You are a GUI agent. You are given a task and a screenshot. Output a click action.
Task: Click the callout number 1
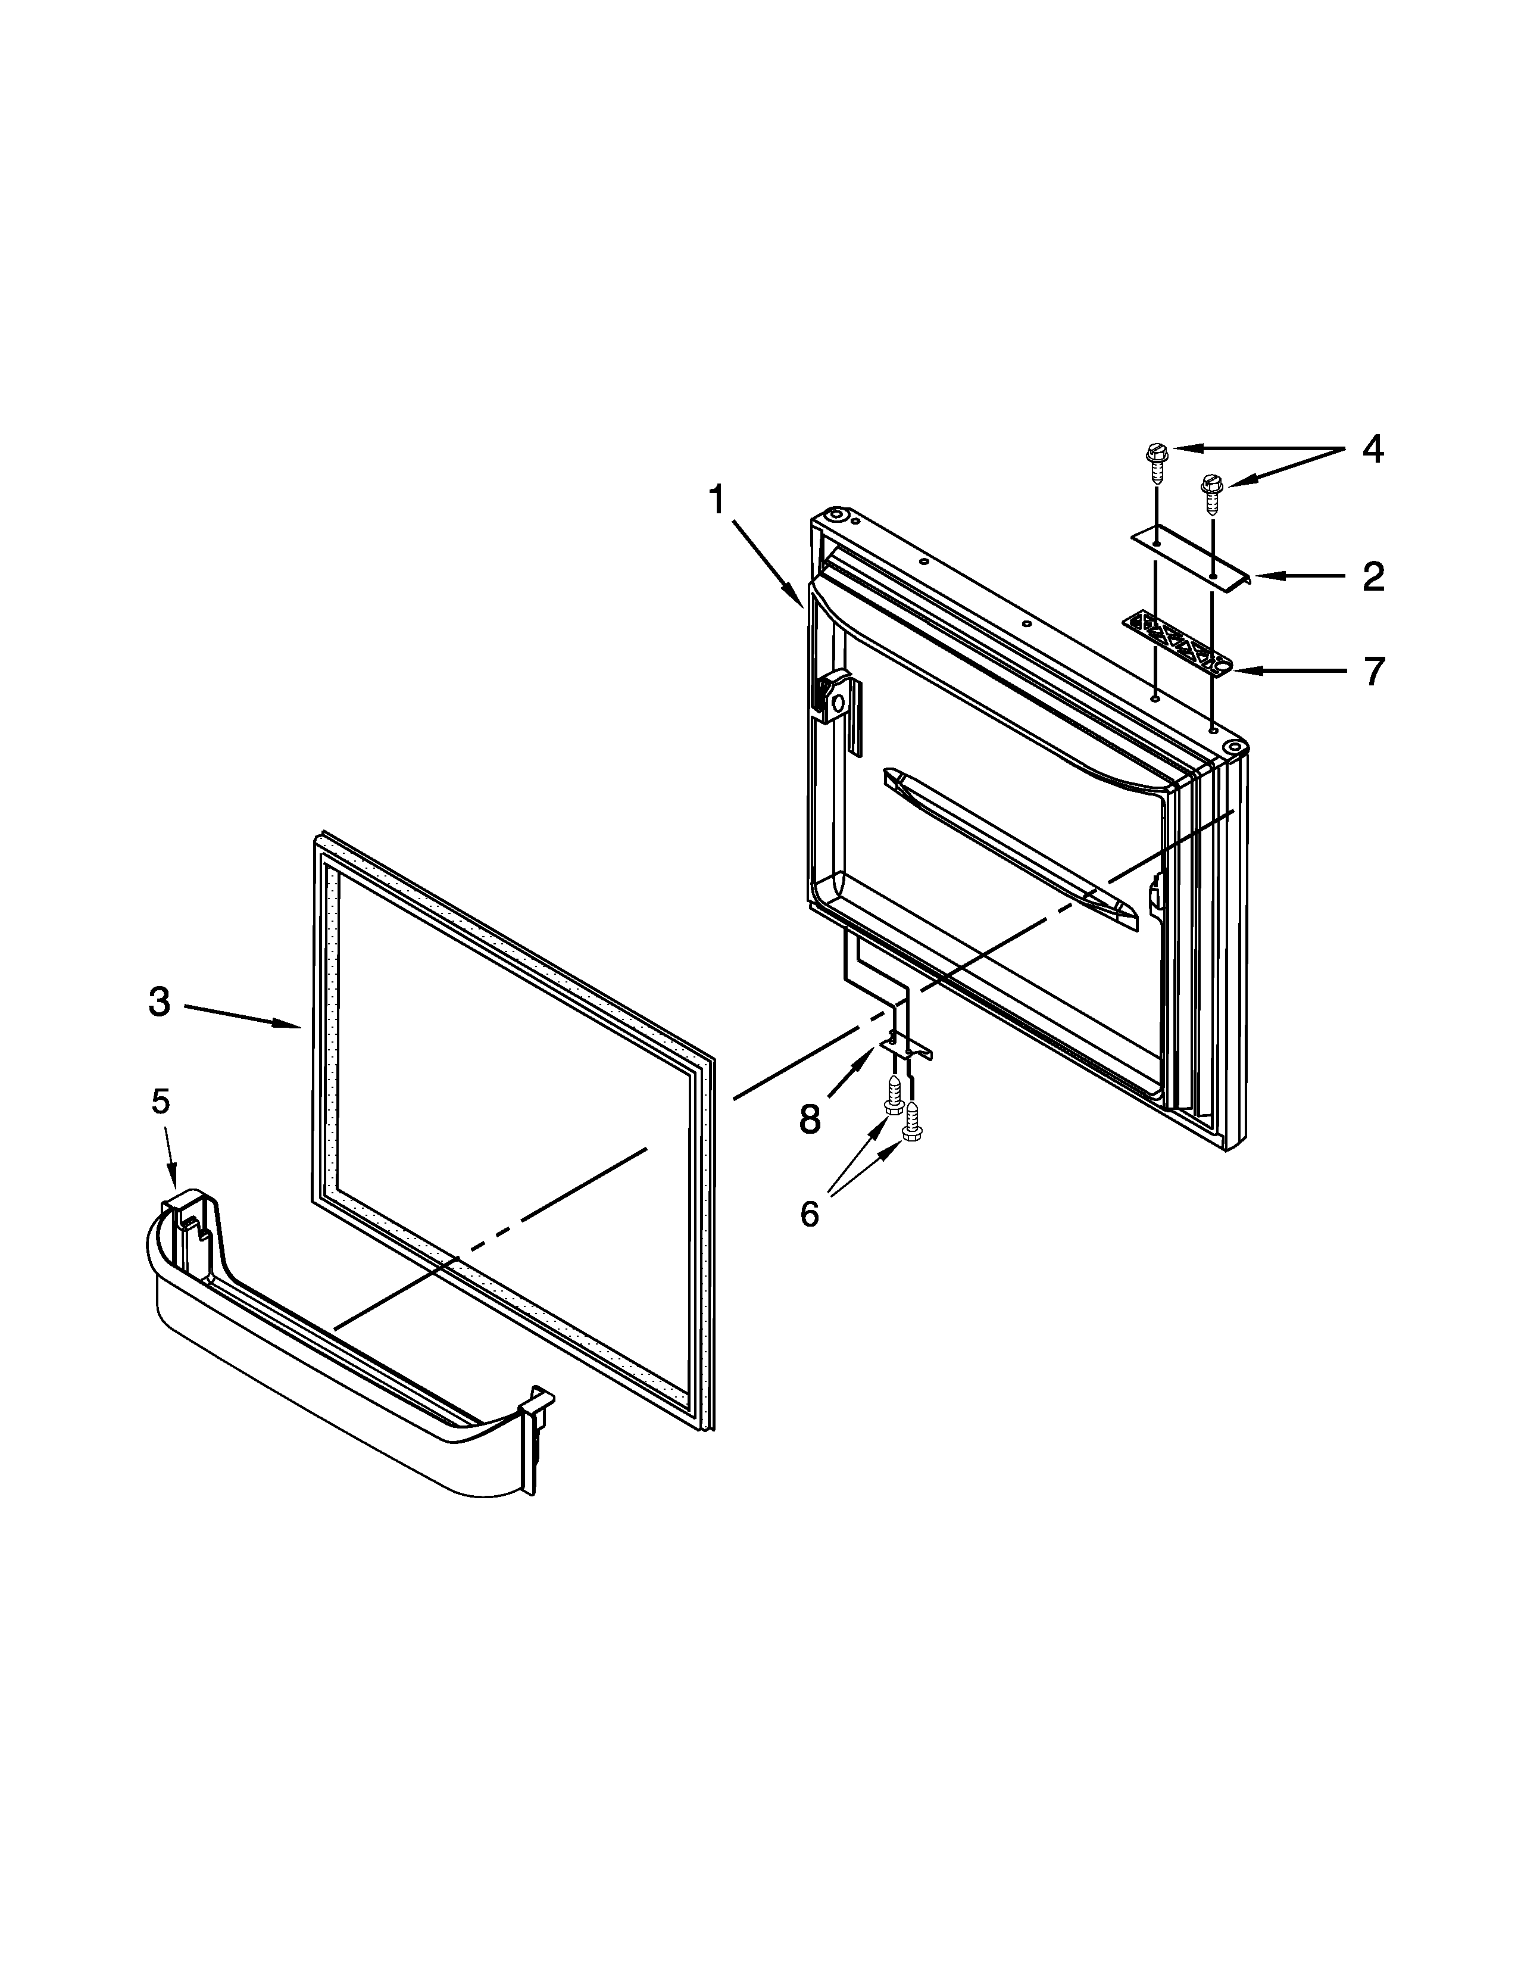[x=717, y=500]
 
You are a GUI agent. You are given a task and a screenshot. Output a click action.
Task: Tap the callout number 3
[x=159, y=1002]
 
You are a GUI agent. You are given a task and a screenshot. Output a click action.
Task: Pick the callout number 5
[x=160, y=1100]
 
